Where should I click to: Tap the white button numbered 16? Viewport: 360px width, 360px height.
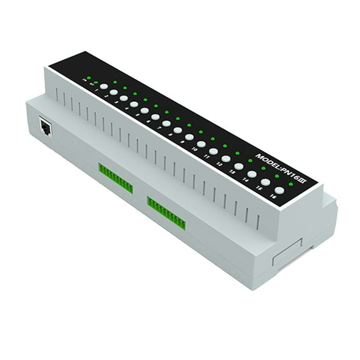tap(279, 190)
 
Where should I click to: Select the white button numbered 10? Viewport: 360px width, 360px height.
tap(201, 144)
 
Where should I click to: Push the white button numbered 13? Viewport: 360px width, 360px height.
tap(239, 166)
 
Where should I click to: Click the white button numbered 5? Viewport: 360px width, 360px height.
tap(144, 110)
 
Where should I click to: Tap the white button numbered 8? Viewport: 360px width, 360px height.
tap(177, 130)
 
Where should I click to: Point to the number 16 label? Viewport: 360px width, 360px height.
tap(273, 197)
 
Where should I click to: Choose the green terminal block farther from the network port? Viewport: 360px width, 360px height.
tap(166, 212)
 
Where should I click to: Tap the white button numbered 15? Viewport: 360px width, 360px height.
tap(266, 182)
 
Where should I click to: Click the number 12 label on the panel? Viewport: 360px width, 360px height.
tap(219, 165)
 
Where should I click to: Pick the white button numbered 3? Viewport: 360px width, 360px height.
tap(124, 98)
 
